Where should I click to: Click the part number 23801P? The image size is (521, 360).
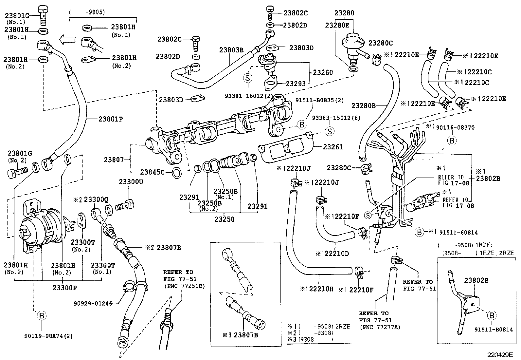pyautogui.click(x=110, y=119)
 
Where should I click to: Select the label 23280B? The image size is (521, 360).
pyautogui.click(x=364, y=106)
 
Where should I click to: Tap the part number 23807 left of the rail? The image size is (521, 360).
pyautogui.click(x=114, y=160)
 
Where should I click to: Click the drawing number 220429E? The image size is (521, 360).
pyautogui.click(x=500, y=354)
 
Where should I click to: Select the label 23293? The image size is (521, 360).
pyautogui.click(x=296, y=84)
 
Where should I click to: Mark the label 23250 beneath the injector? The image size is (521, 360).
pyautogui.click(x=225, y=219)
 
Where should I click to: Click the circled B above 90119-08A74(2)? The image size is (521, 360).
pyautogui.click(x=42, y=315)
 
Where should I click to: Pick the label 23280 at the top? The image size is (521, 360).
pyautogui.click(x=344, y=13)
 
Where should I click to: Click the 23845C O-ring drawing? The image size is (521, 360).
pyautogui.click(x=176, y=172)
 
